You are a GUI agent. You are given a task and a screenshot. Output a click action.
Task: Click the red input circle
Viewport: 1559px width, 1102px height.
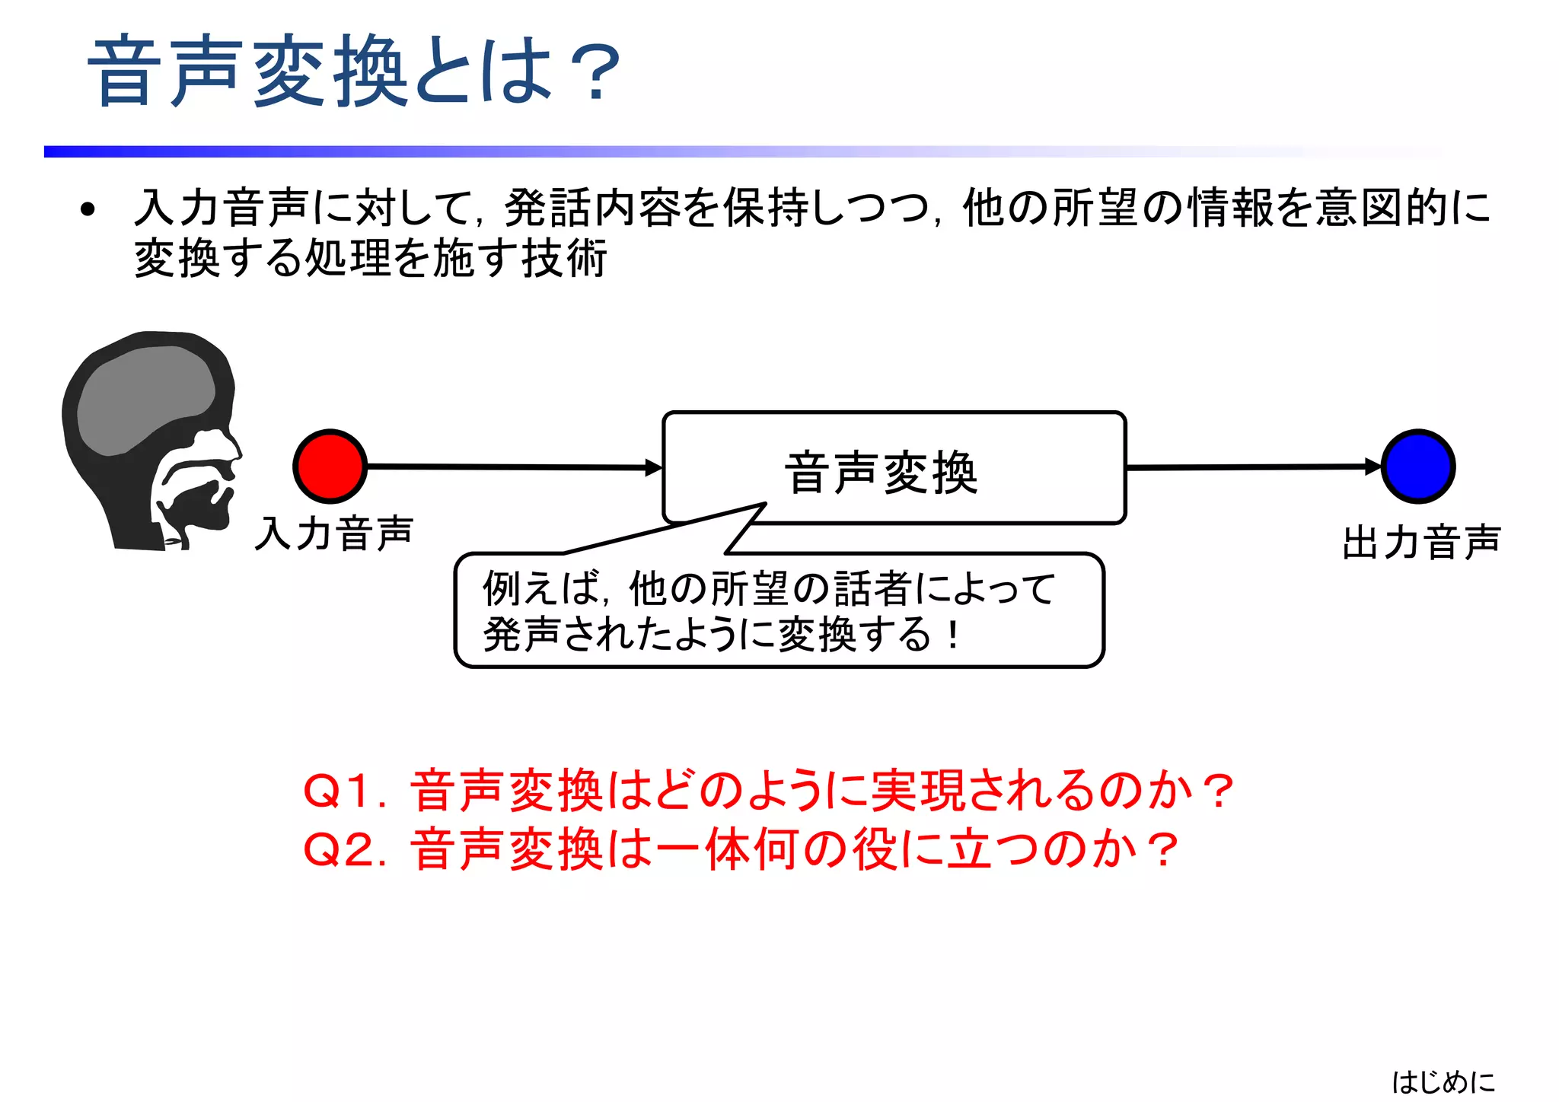pyautogui.click(x=330, y=467)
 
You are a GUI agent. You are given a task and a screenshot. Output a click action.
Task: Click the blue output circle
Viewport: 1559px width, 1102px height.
pyautogui.click(x=1418, y=467)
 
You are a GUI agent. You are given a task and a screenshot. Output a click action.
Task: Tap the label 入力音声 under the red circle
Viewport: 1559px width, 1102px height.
pyautogui.click(x=334, y=533)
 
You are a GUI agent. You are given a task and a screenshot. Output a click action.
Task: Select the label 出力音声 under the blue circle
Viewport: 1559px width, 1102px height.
pyautogui.click(x=1421, y=543)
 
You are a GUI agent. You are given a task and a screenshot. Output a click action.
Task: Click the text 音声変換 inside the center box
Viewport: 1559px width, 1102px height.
pyautogui.click(x=882, y=473)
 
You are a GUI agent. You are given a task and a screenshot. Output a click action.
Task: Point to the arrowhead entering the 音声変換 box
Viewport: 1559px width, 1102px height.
pyautogui.click(x=654, y=467)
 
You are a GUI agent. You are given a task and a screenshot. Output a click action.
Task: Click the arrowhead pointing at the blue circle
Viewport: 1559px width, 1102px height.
pyautogui.click(x=1372, y=467)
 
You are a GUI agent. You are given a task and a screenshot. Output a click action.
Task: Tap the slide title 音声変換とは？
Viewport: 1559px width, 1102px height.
pyautogui.click(x=355, y=71)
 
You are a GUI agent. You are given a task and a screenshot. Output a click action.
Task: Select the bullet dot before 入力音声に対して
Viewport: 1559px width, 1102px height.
pyautogui.click(x=88, y=209)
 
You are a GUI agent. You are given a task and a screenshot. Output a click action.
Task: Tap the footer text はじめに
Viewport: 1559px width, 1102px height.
pyautogui.click(x=1443, y=1081)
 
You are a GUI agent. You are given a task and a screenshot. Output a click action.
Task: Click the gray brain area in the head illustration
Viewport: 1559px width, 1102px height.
pyautogui.click(x=145, y=396)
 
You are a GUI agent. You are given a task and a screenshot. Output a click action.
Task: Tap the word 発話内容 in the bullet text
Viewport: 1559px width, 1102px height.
pyautogui.click(x=591, y=208)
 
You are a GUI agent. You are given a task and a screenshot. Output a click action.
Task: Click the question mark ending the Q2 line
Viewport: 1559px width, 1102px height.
pyautogui.click(x=1164, y=850)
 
